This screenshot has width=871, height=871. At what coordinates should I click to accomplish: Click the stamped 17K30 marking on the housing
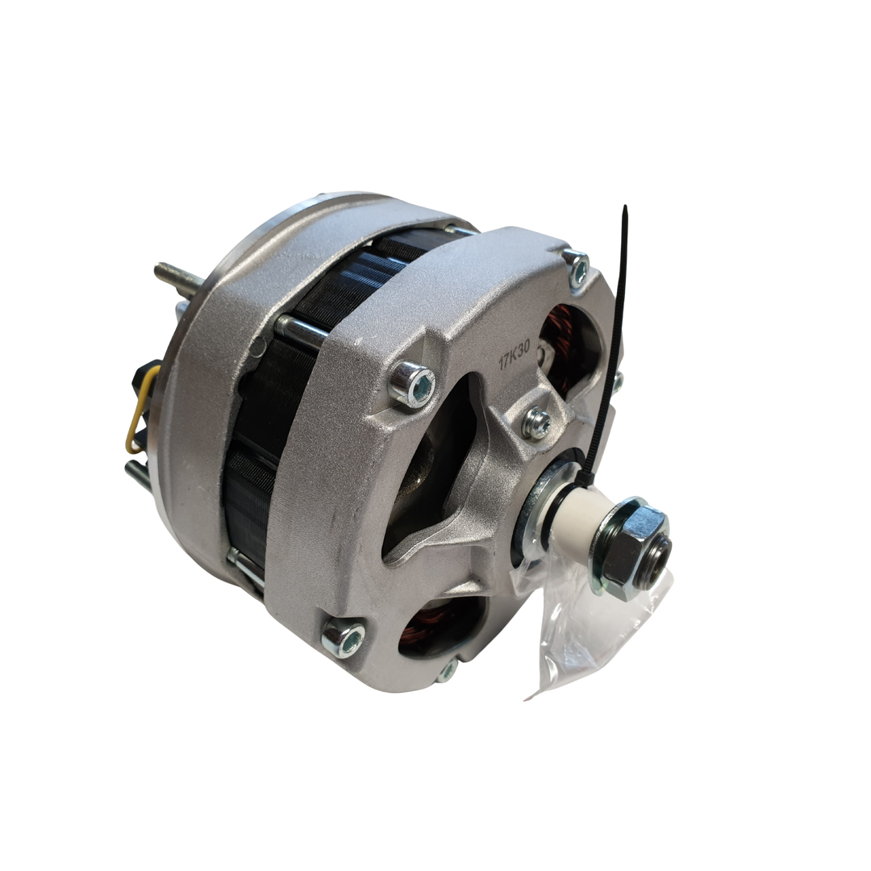click(x=515, y=355)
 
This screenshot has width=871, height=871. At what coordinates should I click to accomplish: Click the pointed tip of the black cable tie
click(x=625, y=206)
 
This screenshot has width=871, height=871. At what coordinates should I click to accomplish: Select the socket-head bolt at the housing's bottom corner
click(x=344, y=638)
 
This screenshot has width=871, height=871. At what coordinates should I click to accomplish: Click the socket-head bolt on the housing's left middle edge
click(x=412, y=383)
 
